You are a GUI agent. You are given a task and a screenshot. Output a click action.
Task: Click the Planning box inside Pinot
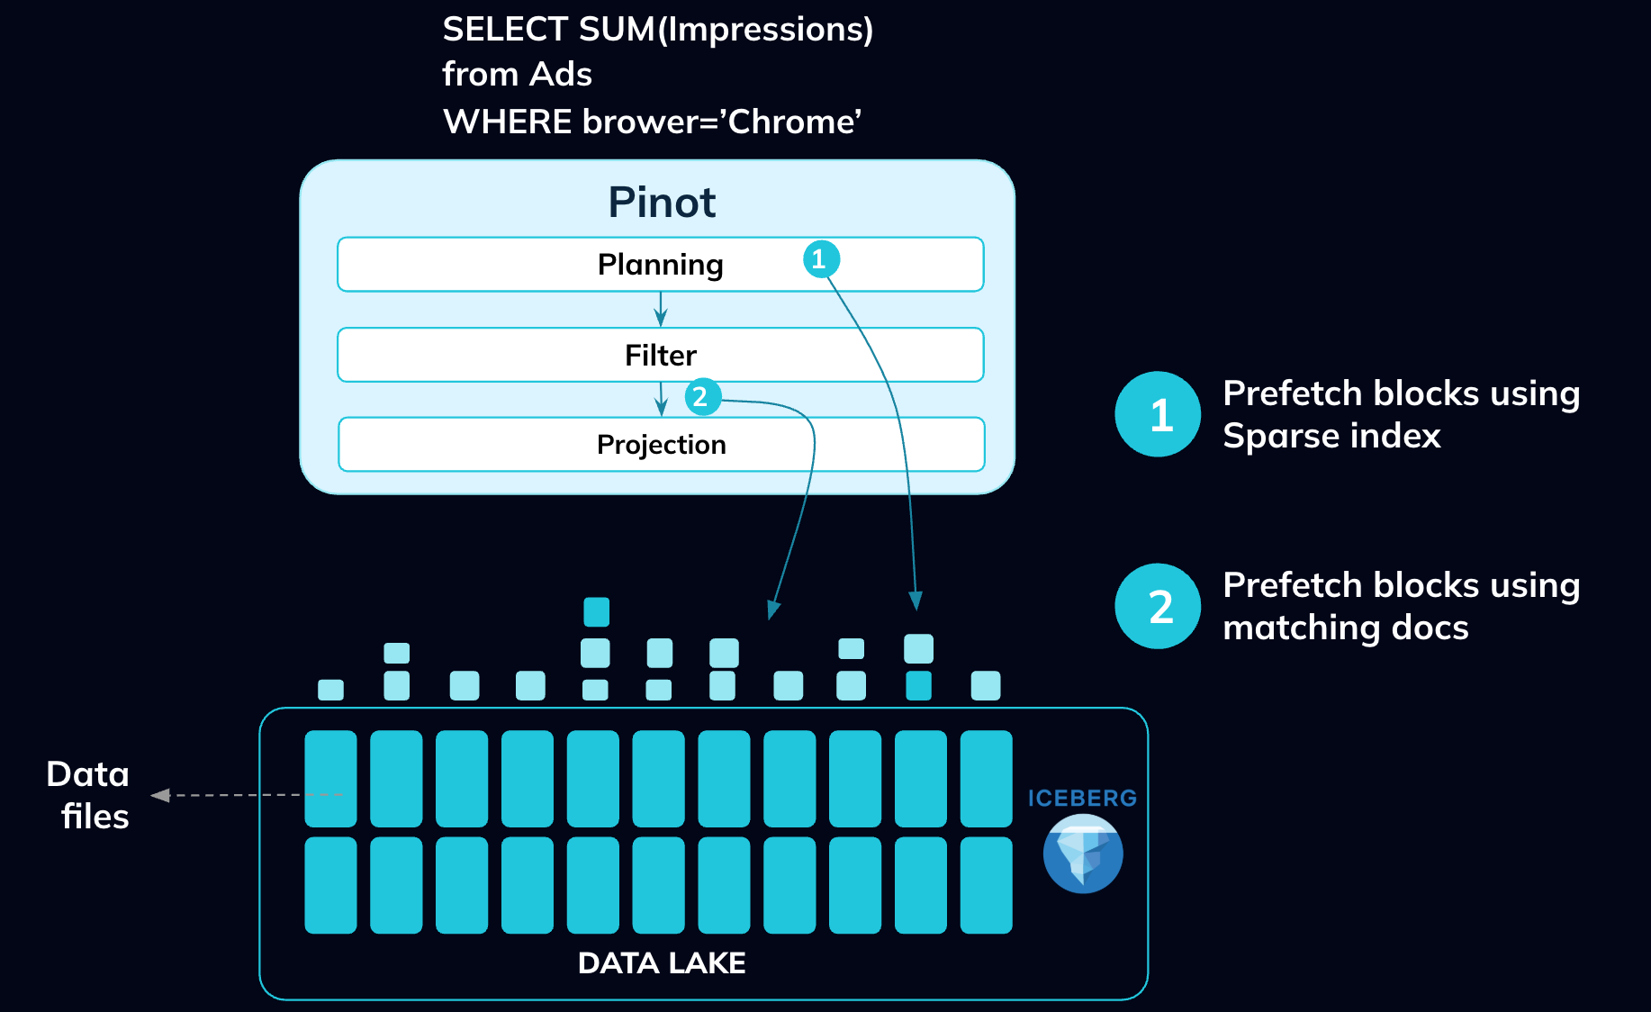pyautogui.click(x=540, y=265)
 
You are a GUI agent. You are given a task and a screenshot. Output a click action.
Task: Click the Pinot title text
pyautogui.click(x=662, y=203)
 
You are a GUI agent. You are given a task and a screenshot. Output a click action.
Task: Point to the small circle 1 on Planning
pyautogui.click(x=821, y=259)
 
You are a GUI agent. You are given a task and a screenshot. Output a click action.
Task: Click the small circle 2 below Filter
pyautogui.click(x=702, y=397)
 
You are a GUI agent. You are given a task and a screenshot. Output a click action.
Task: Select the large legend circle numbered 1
pyautogui.click(x=1158, y=414)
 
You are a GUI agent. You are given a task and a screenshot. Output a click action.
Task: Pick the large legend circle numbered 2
pyautogui.click(x=1158, y=606)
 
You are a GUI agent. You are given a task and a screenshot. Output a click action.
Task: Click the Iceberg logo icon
pyautogui.click(x=1083, y=854)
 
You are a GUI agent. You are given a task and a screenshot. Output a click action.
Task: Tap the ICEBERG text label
pyautogui.click(x=1082, y=799)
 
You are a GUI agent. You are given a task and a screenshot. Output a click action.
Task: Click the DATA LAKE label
pyautogui.click(x=662, y=963)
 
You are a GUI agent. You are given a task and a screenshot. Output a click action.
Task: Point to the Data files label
pyautogui.click(x=89, y=795)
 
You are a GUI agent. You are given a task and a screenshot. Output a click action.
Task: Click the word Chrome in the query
pyautogui.click(x=789, y=122)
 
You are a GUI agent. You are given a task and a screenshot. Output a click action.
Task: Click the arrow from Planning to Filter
pyautogui.click(x=661, y=310)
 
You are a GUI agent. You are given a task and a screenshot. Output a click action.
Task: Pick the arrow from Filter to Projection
pyautogui.click(x=662, y=400)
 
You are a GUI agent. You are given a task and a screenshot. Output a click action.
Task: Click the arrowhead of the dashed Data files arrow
pyautogui.click(x=160, y=795)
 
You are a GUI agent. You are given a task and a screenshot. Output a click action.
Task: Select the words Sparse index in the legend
pyautogui.click(x=1331, y=437)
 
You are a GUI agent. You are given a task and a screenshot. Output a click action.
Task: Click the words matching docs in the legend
pyautogui.click(x=1345, y=628)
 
